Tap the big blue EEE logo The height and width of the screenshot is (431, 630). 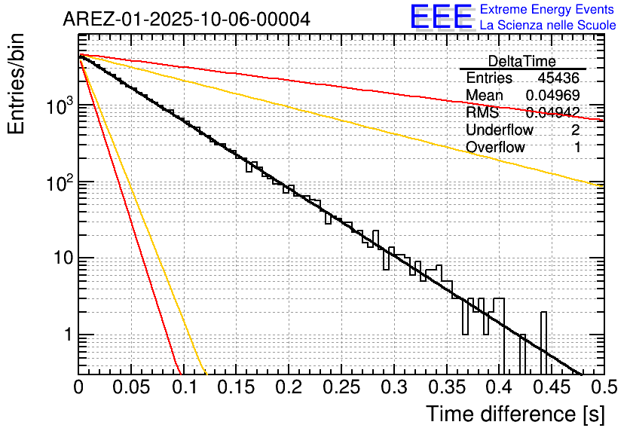pyautogui.click(x=441, y=17)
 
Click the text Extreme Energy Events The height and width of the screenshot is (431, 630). pyautogui.click(x=547, y=10)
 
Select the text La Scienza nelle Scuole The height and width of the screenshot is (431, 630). pyautogui.click(x=548, y=26)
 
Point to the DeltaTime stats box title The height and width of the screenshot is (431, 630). pyautogui.click(x=521, y=61)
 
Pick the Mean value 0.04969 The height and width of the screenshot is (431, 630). pyautogui.click(x=552, y=96)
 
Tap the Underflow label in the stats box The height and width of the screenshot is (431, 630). pyautogui.click(x=499, y=130)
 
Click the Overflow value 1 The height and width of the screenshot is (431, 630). pyautogui.click(x=577, y=148)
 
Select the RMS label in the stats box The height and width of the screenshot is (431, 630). pyautogui.click(x=482, y=113)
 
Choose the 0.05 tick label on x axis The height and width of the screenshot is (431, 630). pyautogui.click(x=131, y=387)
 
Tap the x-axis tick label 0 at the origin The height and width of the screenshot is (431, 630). pyautogui.click(x=78, y=387)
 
